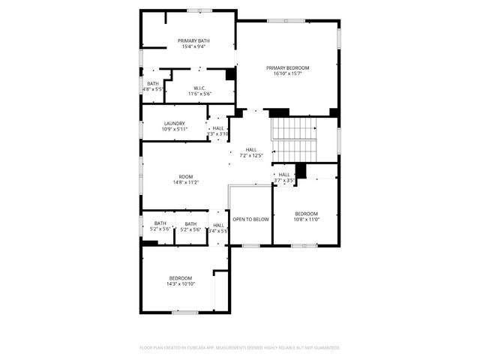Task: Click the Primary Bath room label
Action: click(193, 40)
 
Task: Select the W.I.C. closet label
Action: click(199, 88)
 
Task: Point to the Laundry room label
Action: click(175, 123)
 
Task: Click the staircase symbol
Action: click(294, 138)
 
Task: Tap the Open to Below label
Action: click(250, 219)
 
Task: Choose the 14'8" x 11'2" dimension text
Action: click(186, 182)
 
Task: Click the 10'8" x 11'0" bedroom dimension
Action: click(306, 219)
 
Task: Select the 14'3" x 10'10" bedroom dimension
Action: click(181, 283)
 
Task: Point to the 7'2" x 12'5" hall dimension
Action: click(251, 155)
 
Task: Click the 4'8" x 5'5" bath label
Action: click(153, 89)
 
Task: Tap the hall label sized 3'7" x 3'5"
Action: click(284, 180)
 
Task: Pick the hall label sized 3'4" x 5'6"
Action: click(218, 231)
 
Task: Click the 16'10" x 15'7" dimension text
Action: click(287, 73)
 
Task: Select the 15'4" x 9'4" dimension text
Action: click(193, 46)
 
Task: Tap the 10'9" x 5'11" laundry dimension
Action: click(175, 129)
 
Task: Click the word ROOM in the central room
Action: click(186, 176)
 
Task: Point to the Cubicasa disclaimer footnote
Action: click(240, 347)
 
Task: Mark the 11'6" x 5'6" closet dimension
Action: click(199, 94)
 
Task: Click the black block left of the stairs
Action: click(279, 112)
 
